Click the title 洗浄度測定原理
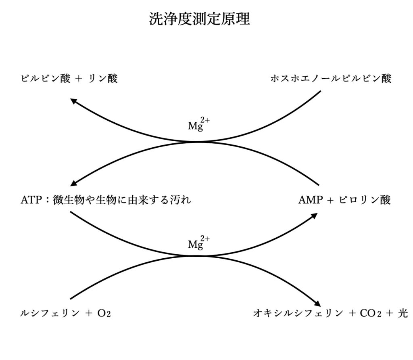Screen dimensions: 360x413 click(x=200, y=19)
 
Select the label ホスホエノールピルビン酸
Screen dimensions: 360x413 click(x=331, y=79)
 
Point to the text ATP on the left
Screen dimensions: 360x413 click(x=31, y=200)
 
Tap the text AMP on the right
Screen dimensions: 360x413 click(x=309, y=200)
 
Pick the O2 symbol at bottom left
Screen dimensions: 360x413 click(x=104, y=313)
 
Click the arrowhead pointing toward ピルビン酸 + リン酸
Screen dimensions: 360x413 click(x=73, y=101)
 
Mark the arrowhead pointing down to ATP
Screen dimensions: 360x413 click(x=73, y=184)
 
